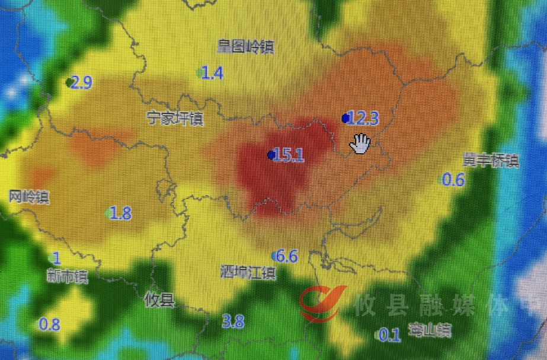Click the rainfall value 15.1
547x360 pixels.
[x=290, y=155]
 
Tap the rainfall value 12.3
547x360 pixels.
[x=363, y=119]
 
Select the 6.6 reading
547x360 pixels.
[x=287, y=256]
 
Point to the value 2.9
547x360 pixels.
[x=81, y=82]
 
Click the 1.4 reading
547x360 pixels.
[x=212, y=73]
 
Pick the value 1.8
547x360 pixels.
[x=120, y=214]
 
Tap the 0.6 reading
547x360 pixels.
[x=454, y=179]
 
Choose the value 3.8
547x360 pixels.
[x=233, y=321]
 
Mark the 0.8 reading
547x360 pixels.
[x=49, y=324]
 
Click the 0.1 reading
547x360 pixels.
[x=390, y=336]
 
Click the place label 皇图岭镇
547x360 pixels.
[x=245, y=46]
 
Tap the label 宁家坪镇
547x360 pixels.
[x=175, y=119]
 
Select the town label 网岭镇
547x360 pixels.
[x=29, y=196]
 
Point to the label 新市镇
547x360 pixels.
[x=66, y=276]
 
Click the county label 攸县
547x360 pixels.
[x=160, y=300]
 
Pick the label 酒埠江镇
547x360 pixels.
[x=247, y=273]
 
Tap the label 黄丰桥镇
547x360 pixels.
[x=491, y=161]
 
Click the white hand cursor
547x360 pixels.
[x=360, y=143]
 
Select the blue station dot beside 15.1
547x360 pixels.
[x=271, y=155]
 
